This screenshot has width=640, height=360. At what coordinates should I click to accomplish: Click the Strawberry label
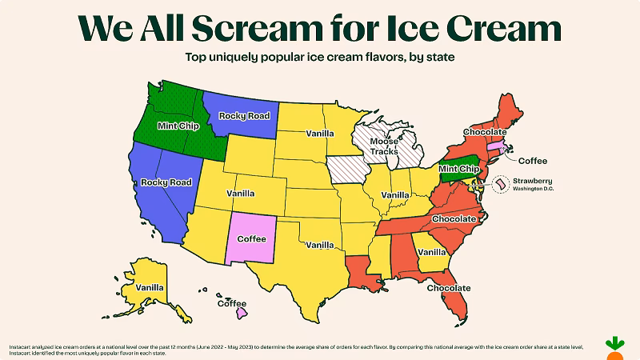click(534, 181)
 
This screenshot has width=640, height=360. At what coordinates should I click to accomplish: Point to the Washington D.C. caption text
click(534, 190)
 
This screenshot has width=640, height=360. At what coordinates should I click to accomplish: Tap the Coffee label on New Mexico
click(251, 238)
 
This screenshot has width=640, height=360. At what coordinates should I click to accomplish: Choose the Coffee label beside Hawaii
click(234, 303)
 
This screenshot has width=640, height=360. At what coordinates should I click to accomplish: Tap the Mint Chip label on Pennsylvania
click(459, 169)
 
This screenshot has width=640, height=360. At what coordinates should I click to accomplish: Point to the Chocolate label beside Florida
click(448, 287)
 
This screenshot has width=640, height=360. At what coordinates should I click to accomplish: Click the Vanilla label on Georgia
click(432, 252)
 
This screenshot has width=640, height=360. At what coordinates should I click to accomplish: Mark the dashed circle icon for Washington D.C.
click(499, 185)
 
